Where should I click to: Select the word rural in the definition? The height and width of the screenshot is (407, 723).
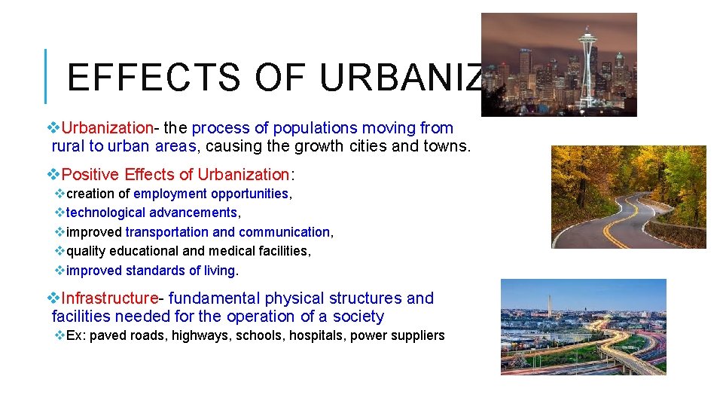[x=69, y=146]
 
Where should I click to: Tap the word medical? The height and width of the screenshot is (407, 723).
[x=227, y=250]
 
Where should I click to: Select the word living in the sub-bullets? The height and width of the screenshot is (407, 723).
[x=218, y=270]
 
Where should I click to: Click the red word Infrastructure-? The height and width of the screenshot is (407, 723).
[x=112, y=298]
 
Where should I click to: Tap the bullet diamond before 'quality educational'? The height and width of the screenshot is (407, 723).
[x=59, y=250]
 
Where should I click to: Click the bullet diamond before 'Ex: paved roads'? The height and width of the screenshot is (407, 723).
[x=59, y=335]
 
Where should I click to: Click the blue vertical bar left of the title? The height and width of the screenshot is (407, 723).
[x=47, y=76]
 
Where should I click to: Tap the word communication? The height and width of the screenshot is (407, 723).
[x=284, y=232]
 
